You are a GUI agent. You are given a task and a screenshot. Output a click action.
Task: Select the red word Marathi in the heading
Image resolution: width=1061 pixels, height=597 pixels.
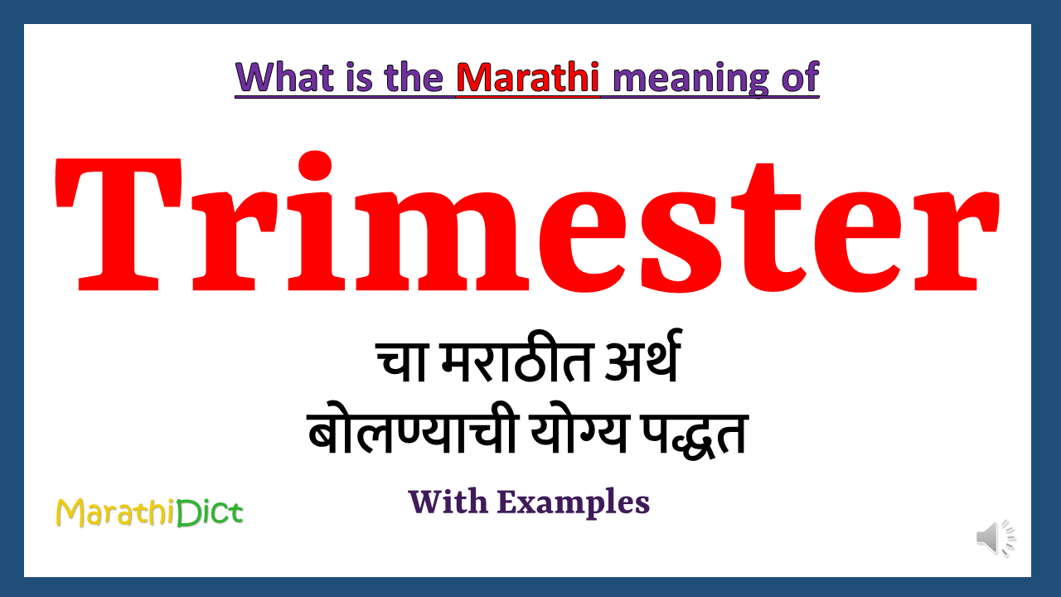(527, 77)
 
